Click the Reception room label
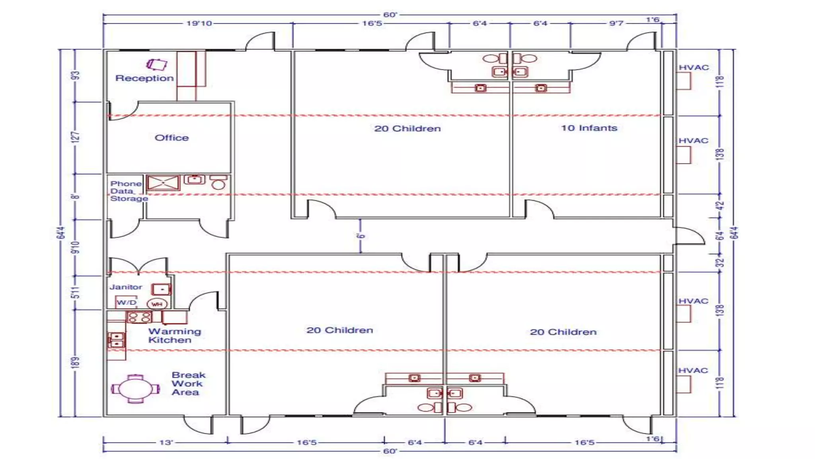144,78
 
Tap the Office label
172,138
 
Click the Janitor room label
126,287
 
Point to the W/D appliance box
126,302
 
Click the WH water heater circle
157,304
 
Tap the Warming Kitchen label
174,335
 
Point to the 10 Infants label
589,128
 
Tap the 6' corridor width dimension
361,236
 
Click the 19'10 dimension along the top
199,24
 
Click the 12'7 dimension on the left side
76,137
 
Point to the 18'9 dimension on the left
75,363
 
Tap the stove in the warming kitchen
139,317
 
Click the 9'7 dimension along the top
616,24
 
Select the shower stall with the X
163,183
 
